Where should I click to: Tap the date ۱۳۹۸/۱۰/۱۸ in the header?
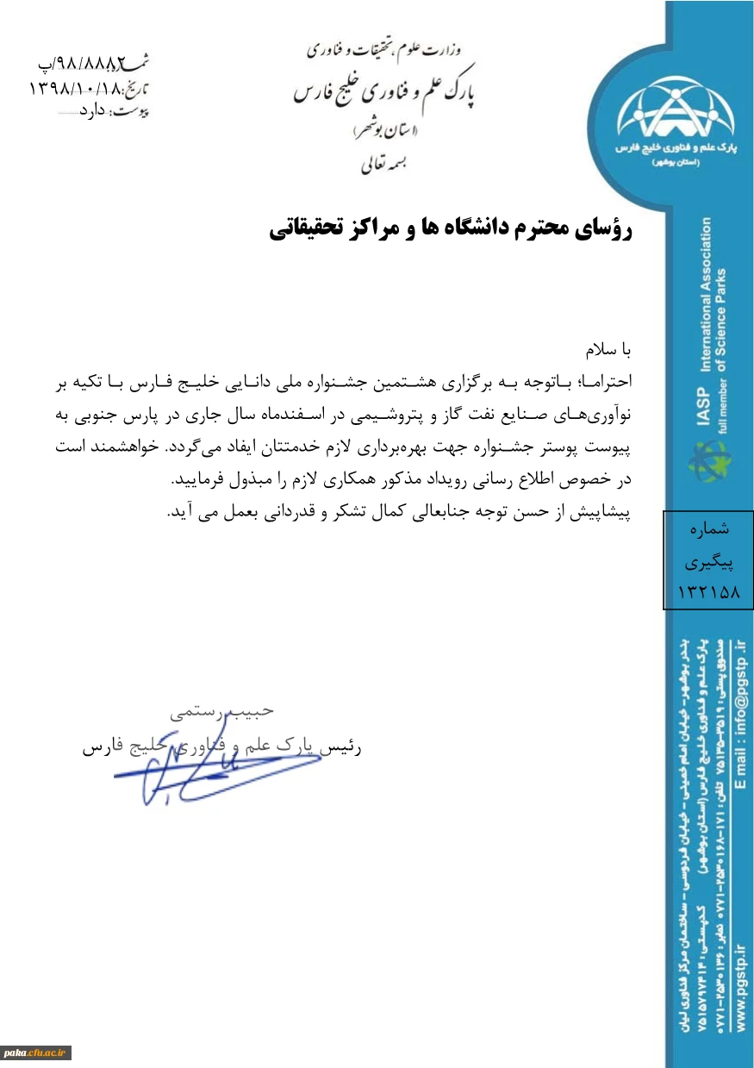(x=78, y=87)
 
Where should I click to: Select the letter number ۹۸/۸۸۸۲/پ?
(x=86, y=62)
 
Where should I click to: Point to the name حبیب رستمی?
(x=221, y=711)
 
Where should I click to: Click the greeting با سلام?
(x=609, y=351)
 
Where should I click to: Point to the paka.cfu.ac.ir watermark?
(x=36, y=1053)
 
